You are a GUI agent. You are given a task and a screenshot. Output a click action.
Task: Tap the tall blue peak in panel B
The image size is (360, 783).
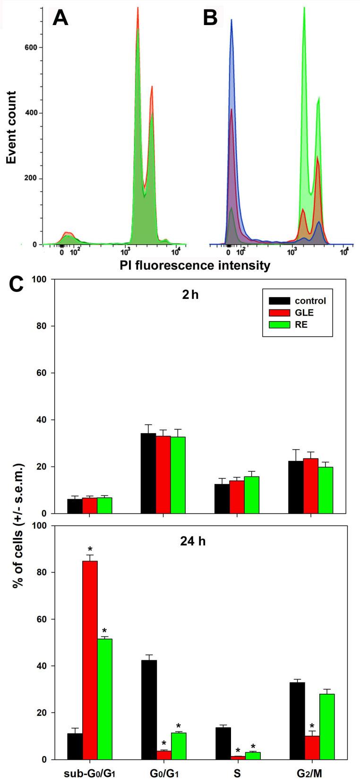pos(231,71)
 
